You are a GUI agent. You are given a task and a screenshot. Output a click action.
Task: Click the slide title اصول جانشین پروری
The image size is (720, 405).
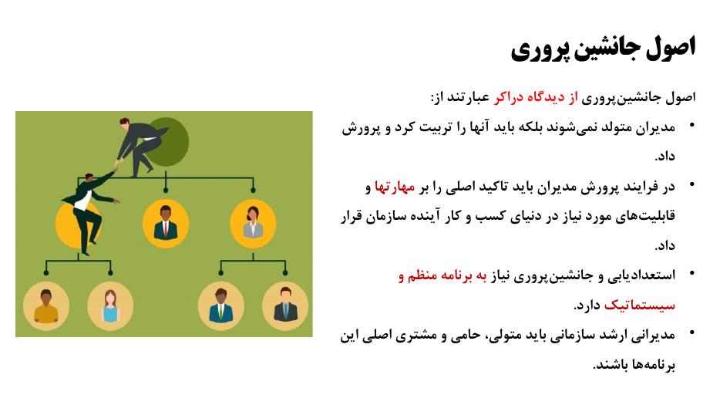click(603, 49)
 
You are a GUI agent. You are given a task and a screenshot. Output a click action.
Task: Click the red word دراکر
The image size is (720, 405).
click(508, 97)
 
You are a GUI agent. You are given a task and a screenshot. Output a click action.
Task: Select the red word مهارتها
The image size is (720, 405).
click(395, 187)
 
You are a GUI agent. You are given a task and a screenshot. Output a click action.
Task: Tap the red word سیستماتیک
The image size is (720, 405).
click(640, 305)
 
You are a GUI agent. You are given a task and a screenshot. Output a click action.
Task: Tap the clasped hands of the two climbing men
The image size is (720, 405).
click(116, 165)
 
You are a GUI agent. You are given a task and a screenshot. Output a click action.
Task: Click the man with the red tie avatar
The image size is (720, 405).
click(166, 224)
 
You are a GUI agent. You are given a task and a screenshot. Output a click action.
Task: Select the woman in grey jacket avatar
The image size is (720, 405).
click(253, 224)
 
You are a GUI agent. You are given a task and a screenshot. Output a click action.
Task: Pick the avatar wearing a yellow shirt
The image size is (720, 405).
click(46, 305)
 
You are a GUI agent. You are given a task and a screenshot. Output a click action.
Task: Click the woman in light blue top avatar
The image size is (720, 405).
click(110, 305)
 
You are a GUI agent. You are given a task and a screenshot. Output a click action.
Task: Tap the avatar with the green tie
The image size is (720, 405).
click(221, 305)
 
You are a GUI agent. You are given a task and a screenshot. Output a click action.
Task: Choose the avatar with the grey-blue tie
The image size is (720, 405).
click(285, 305)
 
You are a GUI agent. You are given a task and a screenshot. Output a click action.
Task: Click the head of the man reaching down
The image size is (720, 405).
click(124, 123)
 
